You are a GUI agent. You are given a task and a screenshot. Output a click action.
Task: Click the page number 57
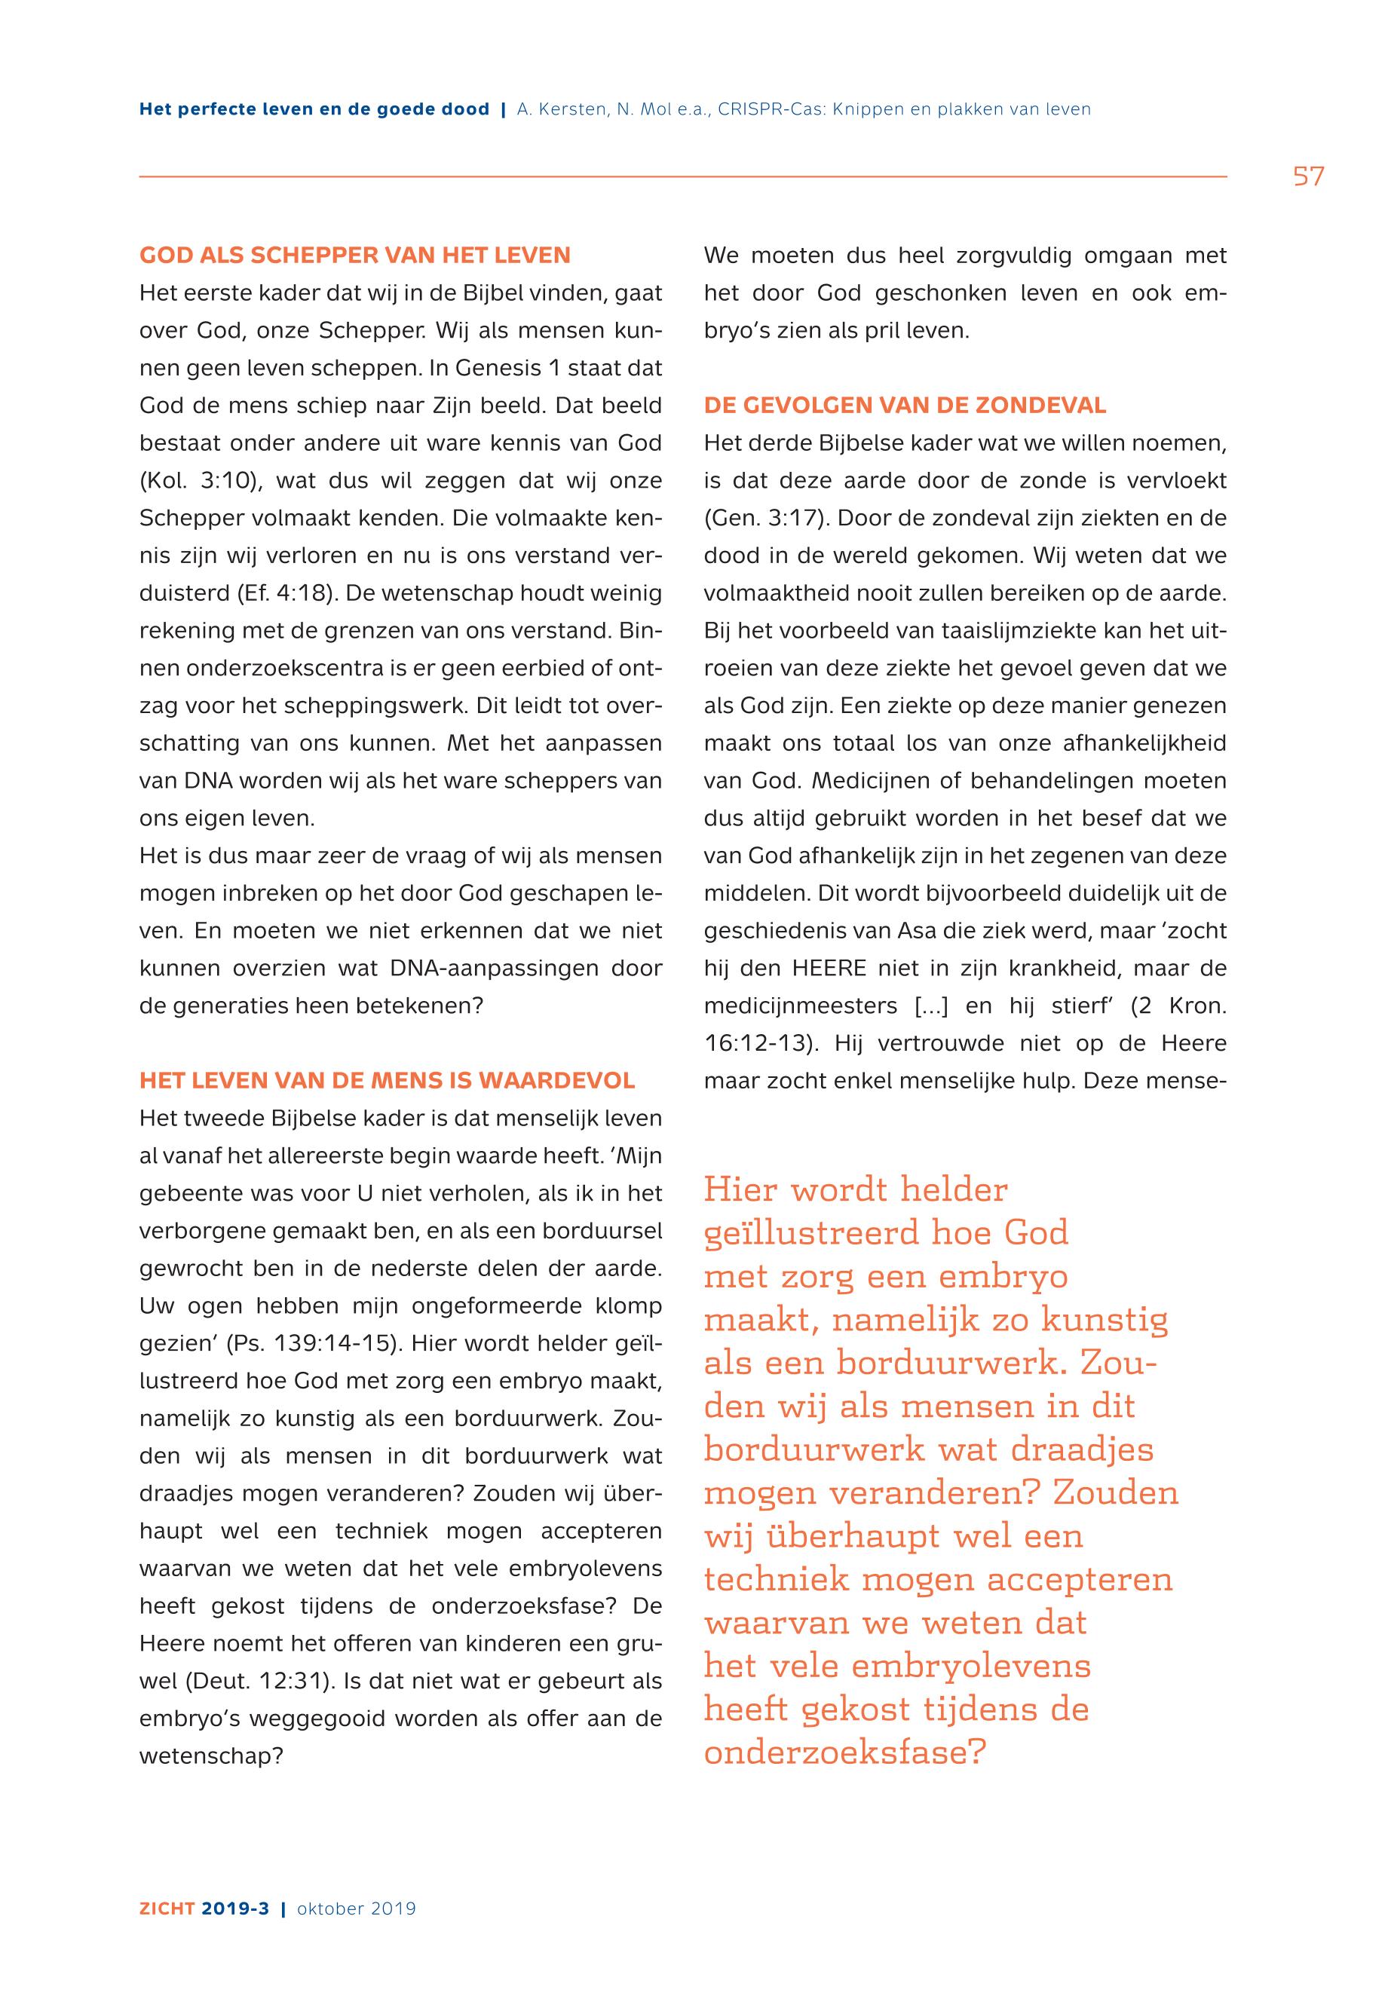[1308, 177]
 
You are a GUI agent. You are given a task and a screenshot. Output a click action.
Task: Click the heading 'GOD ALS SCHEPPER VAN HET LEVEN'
[354, 256]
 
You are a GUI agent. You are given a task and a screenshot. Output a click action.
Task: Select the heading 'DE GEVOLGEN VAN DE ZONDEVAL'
[905, 406]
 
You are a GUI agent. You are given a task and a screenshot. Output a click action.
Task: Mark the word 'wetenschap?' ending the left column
[212, 1756]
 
